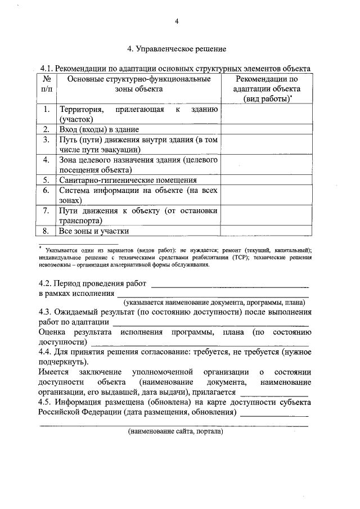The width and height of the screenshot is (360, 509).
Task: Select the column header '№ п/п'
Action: coord(47,84)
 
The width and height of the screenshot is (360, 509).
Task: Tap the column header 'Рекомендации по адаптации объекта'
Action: coord(266,88)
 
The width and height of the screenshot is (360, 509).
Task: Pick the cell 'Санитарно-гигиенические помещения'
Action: coord(128,180)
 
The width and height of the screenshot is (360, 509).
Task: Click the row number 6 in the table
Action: coord(47,191)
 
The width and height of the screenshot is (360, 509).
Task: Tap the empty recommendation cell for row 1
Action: coord(266,114)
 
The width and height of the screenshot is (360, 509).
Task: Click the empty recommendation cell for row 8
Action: coord(266,231)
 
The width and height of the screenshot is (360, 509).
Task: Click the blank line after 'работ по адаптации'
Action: coord(210,323)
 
